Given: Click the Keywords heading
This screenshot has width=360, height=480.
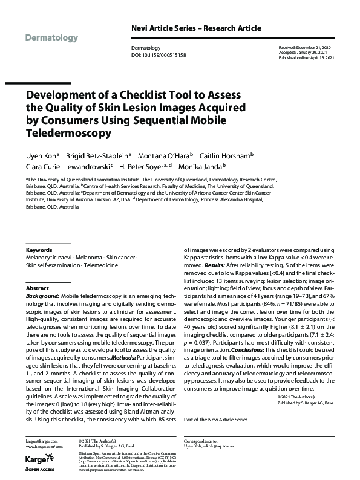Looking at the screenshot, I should pos(39,250).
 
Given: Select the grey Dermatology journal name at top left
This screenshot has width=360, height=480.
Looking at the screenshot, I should pos(52,38).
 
